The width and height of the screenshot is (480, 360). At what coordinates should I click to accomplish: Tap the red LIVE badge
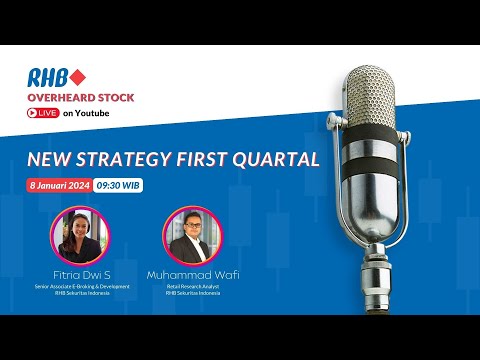pyautogui.click(x=42, y=113)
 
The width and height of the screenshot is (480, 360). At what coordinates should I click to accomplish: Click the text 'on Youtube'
pyautogui.click(x=86, y=113)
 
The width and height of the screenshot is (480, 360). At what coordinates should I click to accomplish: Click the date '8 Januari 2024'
pyautogui.click(x=62, y=186)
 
